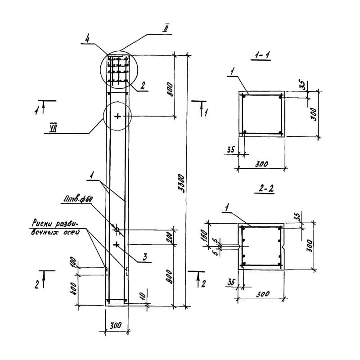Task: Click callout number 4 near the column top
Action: [x=88, y=40]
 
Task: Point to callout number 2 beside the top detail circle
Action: [x=142, y=86]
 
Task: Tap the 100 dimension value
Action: [x=74, y=263]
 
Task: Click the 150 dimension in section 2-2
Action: [x=203, y=235]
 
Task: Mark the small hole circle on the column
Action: [x=117, y=230]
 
